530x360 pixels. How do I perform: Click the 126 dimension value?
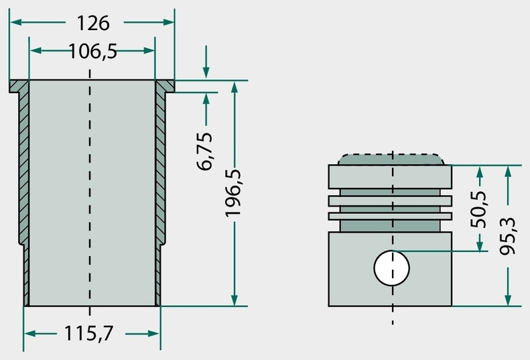[93, 23]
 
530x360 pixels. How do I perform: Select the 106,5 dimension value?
[93, 52]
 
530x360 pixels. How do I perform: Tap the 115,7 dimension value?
[88, 333]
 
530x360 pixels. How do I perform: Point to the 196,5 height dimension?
[233, 193]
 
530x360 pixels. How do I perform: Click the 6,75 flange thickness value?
[205, 152]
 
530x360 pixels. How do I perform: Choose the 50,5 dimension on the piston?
[478, 209]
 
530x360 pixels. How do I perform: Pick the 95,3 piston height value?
[508, 236]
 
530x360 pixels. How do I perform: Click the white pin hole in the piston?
[392, 268]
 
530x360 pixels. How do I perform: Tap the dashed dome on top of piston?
[391, 160]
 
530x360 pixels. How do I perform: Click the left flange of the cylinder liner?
[19, 86]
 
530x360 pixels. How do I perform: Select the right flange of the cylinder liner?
[165, 86]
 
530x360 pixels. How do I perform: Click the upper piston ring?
[390, 201]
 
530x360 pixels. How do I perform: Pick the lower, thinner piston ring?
[390, 216]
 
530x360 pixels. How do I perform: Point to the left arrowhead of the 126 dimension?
[16, 22]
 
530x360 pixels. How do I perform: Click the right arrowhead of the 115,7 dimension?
[153, 334]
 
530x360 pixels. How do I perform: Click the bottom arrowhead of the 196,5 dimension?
[235, 300]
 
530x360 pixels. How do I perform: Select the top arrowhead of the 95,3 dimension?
[508, 172]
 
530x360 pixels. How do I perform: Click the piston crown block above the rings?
[390, 177]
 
